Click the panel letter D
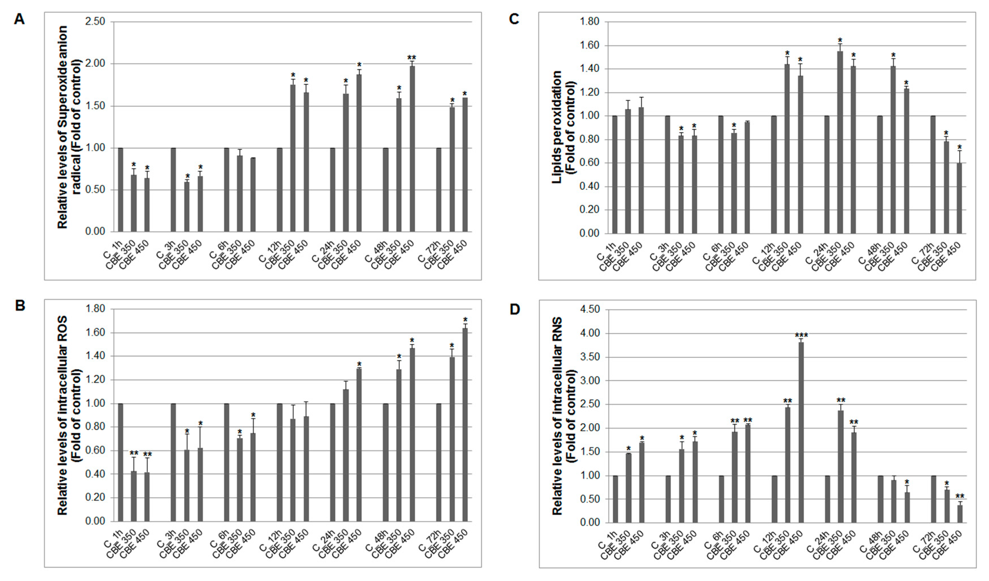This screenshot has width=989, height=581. [x=514, y=309]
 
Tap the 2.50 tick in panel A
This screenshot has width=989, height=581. [x=95, y=22]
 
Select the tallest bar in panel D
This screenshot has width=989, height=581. [x=801, y=432]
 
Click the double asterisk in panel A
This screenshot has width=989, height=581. [x=412, y=58]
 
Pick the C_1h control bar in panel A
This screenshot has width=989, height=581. [x=121, y=190]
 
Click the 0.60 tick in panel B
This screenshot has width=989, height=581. [x=95, y=451]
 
